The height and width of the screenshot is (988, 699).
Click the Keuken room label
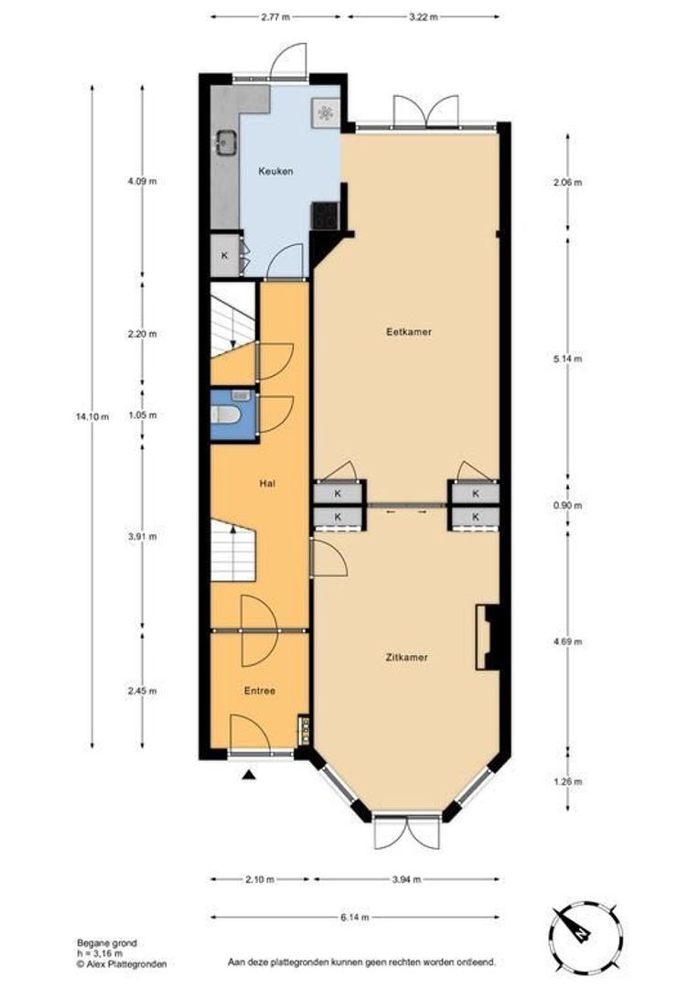[275, 171]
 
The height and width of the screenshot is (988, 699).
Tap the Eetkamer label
[408, 332]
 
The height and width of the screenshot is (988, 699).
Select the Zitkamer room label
[408, 657]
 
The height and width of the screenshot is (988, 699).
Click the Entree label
[259, 691]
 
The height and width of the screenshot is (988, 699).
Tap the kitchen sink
[225, 143]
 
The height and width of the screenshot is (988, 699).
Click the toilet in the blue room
[226, 416]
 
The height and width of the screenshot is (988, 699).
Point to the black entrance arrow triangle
[249, 775]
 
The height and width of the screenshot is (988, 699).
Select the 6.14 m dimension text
[356, 916]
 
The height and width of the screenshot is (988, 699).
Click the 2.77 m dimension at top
[275, 16]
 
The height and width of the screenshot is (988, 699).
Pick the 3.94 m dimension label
[405, 879]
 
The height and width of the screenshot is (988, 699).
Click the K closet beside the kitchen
[225, 256]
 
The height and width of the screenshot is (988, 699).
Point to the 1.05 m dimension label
[142, 414]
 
